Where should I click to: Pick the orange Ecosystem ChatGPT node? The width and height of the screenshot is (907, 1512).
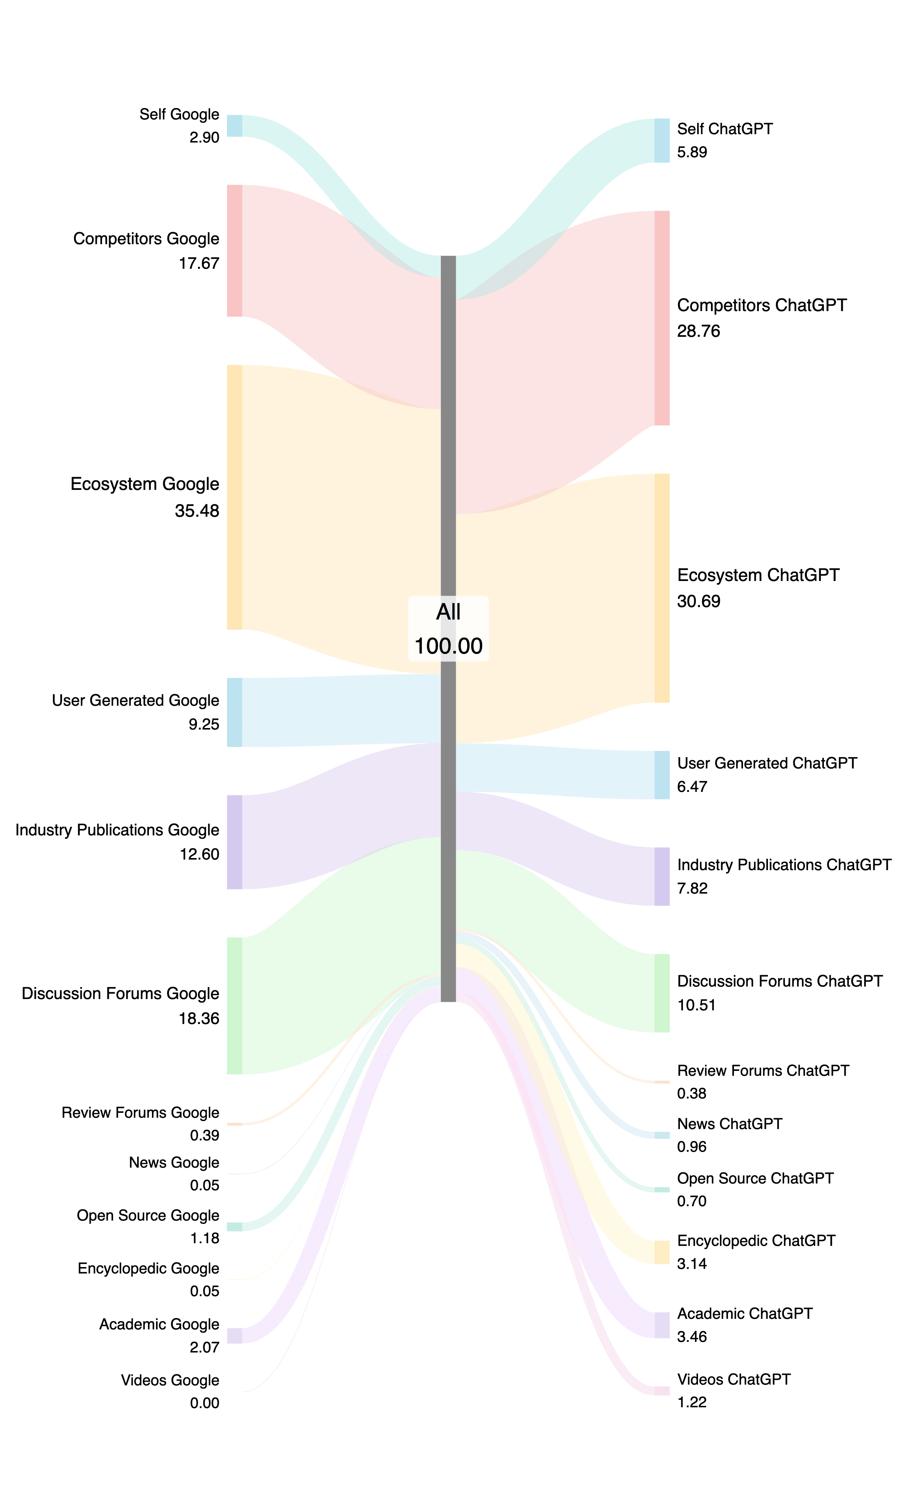pyautogui.click(x=662, y=588)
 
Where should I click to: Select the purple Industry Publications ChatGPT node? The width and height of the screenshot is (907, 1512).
pyautogui.click(x=662, y=877)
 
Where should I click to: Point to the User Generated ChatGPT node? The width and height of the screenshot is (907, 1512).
pyautogui.click(x=662, y=775)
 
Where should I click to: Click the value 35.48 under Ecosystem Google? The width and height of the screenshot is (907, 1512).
pyautogui.click(x=197, y=511)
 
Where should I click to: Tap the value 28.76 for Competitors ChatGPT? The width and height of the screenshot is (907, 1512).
pyautogui.click(x=699, y=331)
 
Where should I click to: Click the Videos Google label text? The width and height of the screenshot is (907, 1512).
pyautogui.click(x=170, y=1380)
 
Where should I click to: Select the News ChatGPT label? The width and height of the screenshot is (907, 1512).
pyautogui.click(x=729, y=1124)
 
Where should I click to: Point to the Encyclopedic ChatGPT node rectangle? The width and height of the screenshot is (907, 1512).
pyautogui.click(x=662, y=1252)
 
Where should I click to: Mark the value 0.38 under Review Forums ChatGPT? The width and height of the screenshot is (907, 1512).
pyautogui.click(x=691, y=1093)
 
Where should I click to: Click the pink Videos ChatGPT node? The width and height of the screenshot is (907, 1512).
pyautogui.click(x=662, y=1391)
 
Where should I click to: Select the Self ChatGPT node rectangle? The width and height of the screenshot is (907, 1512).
pyautogui.click(x=662, y=141)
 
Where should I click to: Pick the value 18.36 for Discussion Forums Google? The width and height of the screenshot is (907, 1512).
pyautogui.click(x=199, y=1018)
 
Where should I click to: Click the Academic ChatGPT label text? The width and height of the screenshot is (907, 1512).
pyautogui.click(x=744, y=1314)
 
